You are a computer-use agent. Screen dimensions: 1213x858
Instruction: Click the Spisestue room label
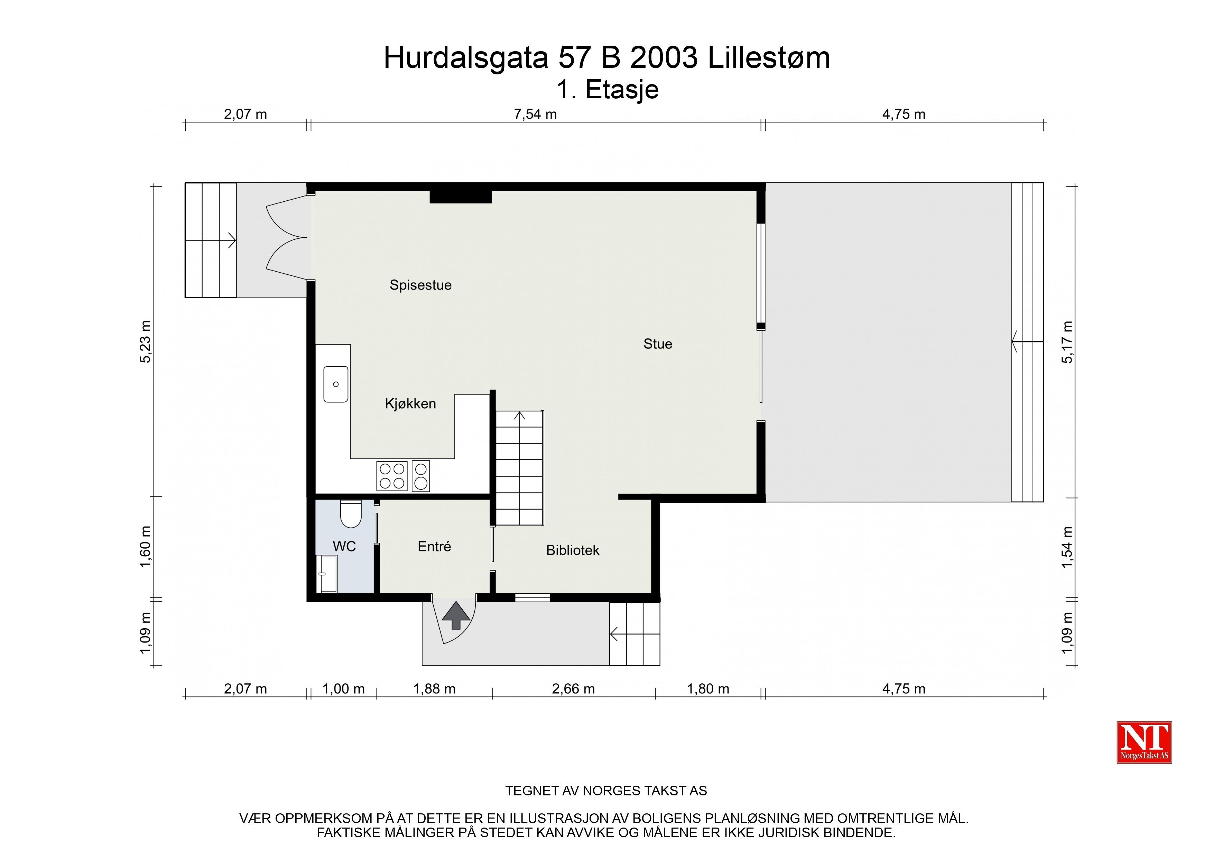(x=420, y=285)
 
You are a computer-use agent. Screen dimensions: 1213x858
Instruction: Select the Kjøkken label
(x=410, y=404)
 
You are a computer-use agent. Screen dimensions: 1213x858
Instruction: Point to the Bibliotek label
(x=573, y=550)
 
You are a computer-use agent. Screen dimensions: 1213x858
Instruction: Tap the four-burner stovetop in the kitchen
(x=392, y=476)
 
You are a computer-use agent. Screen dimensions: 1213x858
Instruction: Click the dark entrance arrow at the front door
(x=455, y=615)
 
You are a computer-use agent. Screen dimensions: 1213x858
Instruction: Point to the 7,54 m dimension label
(x=535, y=114)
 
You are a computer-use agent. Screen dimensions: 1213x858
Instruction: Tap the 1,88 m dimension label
(x=434, y=689)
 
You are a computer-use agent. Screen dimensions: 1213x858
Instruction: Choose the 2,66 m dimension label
(x=573, y=689)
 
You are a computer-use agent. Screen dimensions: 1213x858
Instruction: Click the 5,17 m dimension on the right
(x=1068, y=342)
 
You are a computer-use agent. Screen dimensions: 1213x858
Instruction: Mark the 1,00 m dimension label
(x=343, y=689)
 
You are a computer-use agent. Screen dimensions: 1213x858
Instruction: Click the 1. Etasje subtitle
(x=608, y=90)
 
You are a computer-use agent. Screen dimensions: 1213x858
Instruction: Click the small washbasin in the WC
(x=326, y=574)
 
